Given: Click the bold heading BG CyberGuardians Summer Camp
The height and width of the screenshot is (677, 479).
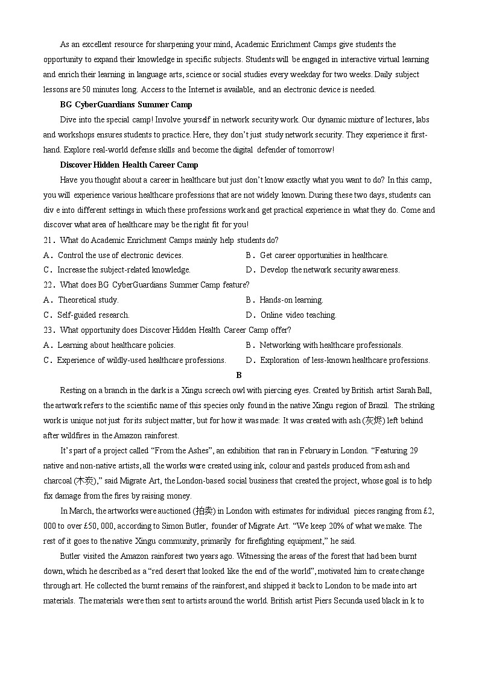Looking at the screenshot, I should pos(125,104).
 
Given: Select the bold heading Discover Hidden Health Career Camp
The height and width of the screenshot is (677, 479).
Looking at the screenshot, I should pos(128,165).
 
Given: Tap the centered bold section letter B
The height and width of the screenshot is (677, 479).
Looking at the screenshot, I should pos(239,375).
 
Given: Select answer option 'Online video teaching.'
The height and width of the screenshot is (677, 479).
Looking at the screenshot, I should pos(298,315).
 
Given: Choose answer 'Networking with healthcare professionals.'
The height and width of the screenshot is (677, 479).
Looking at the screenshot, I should pos(331,345).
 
